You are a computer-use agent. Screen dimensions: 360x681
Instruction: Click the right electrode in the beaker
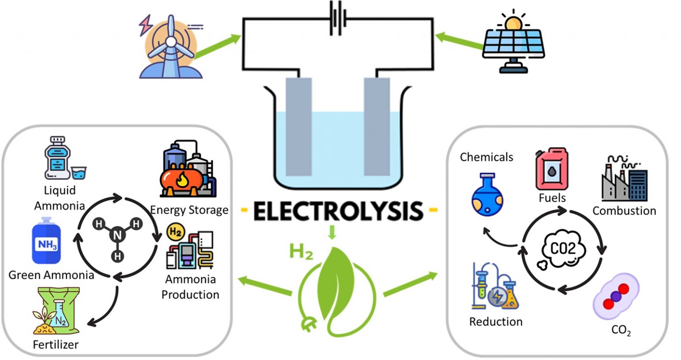pos(376,126)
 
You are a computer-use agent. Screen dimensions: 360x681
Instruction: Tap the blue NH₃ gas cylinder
pos(47,242)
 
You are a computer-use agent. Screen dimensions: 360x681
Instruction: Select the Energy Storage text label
pos(189,209)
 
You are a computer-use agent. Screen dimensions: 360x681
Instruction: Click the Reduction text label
pos(496,321)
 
